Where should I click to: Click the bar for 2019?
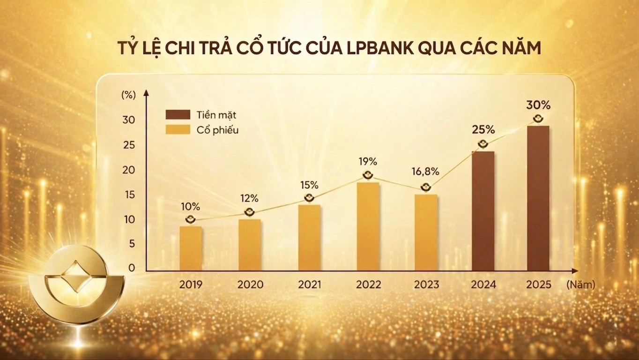(191, 248)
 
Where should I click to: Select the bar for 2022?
(368, 226)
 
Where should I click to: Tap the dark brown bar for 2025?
(538, 198)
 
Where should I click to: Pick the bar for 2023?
(426, 232)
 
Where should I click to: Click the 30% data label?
(538, 105)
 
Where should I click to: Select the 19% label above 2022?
(368, 162)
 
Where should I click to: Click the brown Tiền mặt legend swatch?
(178, 115)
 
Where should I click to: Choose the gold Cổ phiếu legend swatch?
(178, 130)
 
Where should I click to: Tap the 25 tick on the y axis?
(128, 145)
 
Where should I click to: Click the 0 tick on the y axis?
(131, 268)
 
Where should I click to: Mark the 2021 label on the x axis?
(309, 285)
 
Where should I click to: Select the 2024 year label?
(483, 285)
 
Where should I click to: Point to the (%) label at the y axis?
(128, 94)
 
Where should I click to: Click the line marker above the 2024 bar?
(483, 144)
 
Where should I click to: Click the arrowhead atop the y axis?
(146, 94)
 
